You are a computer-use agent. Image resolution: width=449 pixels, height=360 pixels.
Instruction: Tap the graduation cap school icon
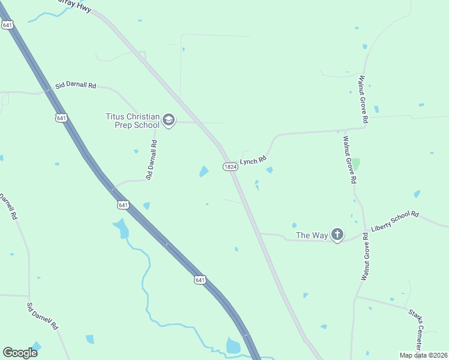pyautogui.click(x=169, y=121)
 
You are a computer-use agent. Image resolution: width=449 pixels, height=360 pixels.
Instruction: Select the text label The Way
pyautogui.click(x=312, y=235)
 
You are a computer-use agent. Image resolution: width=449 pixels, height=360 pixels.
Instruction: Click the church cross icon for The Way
pyautogui.click(x=337, y=235)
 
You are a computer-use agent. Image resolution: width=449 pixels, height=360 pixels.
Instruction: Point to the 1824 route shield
pyautogui.click(x=230, y=167)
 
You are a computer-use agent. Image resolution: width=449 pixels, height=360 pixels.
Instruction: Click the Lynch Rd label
pyautogui.click(x=253, y=161)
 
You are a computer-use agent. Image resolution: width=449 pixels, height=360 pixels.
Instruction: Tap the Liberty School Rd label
pyautogui.click(x=394, y=221)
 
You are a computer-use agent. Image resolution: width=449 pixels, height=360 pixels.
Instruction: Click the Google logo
pyautogui.click(x=20, y=353)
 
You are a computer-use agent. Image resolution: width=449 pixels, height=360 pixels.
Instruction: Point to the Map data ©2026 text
pyautogui.click(x=423, y=355)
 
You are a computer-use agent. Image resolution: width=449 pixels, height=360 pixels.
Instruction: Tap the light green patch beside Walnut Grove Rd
pyautogui.click(x=356, y=163)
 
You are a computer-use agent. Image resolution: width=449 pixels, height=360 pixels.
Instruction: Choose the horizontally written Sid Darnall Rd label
pyautogui.click(x=76, y=86)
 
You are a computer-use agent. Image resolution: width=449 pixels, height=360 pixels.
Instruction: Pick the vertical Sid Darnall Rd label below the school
pyautogui.click(x=151, y=160)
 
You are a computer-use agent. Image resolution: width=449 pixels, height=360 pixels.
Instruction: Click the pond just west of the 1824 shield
pyautogui.click(x=204, y=172)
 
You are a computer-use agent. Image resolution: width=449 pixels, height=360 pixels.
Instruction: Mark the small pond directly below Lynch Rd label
pyautogui.click(x=270, y=170)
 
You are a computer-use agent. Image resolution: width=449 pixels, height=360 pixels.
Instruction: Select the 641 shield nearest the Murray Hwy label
pyautogui.click(x=7, y=25)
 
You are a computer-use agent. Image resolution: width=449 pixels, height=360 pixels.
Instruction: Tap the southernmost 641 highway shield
pyautogui.click(x=200, y=280)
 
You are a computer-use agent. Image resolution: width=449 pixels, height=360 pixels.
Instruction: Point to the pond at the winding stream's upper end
pyautogui.click(x=121, y=228)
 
